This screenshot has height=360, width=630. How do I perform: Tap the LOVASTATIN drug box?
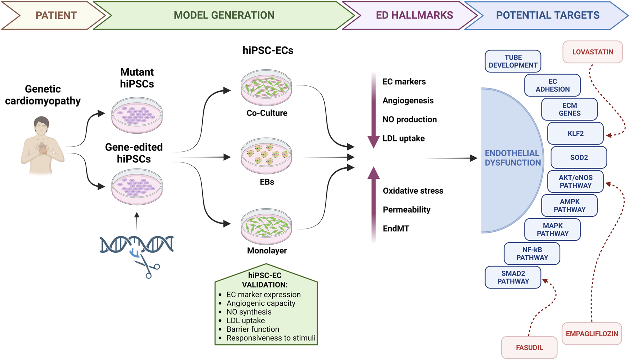(x=593, y=52)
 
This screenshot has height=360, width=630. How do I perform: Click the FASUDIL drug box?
(x=529, y=348)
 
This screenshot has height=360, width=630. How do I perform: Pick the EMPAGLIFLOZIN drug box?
(x=592, y=334)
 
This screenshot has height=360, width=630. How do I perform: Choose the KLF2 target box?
(x=575, y=134)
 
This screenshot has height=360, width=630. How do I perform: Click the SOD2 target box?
(x=578, y=157)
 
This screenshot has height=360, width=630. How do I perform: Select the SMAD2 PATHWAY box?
(x=513, y=277)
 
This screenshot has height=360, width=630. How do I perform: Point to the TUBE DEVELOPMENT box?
(x=513, y=61)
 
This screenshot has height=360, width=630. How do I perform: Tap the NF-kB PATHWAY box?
(x=532, y=253)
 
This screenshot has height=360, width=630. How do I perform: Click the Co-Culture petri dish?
(x=266, y=87)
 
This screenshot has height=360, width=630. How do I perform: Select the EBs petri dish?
(x=266, y=156)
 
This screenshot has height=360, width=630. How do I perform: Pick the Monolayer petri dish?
(x=266, y=226)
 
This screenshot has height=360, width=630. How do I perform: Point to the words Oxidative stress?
(x=413, y=191)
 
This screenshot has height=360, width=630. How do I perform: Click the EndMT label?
(x=396, y=229)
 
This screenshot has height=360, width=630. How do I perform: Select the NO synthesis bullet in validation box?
(x=249, y=312)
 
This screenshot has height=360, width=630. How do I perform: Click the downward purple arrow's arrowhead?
(x=373, y=142)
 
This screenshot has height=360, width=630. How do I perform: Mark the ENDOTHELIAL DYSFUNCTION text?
(x=513, y=158)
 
